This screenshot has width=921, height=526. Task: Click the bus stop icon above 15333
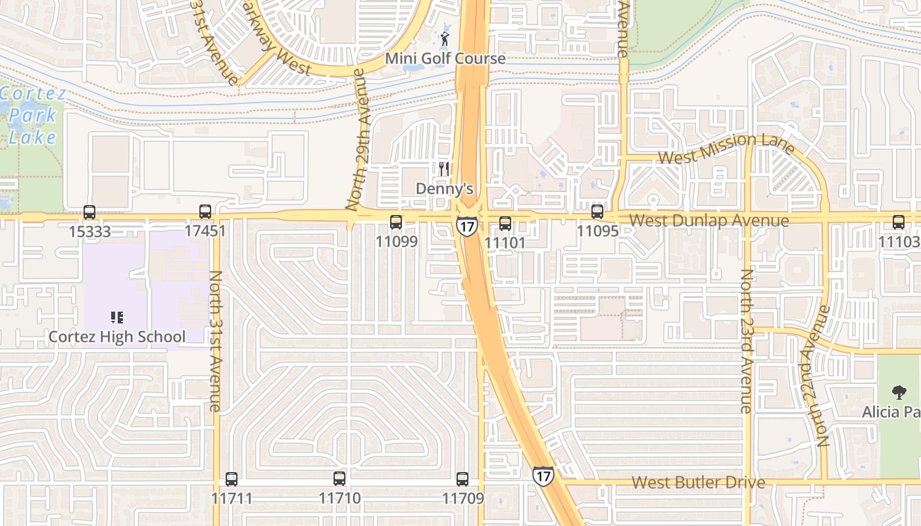coord(89,212)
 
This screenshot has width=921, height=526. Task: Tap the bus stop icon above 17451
coord(205,212)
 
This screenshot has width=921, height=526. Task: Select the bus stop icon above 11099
coord(396,222)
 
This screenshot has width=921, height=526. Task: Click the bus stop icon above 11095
coord(597,212)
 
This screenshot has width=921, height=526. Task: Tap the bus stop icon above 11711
coord(231,479)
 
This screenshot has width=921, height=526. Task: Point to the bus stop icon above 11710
coord(339,479)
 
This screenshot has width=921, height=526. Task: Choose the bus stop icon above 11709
coord(462,479)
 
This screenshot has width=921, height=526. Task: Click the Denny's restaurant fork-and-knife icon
coord(445,169)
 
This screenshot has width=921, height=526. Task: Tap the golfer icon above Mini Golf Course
coord(445,38)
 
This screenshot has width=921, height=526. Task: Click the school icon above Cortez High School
coord(117,318)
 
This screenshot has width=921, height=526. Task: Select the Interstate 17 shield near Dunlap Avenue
coord(467,227)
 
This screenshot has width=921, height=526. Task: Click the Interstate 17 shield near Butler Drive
coord(543,475)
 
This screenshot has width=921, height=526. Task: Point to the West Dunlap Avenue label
coord(709,220)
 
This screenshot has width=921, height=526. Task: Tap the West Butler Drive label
coord(699,483)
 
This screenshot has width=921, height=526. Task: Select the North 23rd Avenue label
coord(746,341)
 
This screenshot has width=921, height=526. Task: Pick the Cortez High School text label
coord(117,337)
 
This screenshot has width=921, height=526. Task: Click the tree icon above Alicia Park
coord(899,393)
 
